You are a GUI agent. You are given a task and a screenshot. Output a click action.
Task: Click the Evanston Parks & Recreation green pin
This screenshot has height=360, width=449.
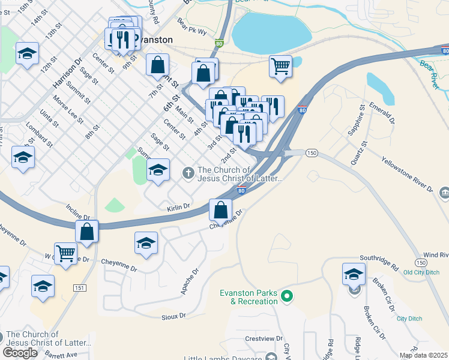tap(287, 296)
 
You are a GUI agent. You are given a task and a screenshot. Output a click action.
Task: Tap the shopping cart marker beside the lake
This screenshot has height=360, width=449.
tap(280, 67)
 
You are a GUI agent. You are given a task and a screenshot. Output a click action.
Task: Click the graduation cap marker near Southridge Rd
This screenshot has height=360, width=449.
tap(354, 274)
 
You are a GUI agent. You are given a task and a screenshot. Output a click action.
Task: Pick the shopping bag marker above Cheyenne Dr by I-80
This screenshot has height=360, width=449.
tap(220, 209)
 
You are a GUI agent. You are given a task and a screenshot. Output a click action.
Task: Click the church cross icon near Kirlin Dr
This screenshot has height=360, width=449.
tap(188, 173)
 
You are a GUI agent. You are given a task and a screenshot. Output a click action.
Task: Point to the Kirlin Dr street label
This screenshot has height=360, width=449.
tap(178, 206)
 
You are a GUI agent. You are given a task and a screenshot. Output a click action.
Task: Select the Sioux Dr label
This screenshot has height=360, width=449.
tap(173, 315)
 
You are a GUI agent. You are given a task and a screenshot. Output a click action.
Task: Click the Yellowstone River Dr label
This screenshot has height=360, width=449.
tap(407, 175)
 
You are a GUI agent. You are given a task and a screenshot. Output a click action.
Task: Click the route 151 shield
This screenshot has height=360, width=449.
tap(79, 288)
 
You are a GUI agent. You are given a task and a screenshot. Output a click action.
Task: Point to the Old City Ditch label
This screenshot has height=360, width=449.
tap(423, 272)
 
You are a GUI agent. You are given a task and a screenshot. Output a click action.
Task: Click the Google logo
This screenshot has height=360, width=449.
tap(20, 353)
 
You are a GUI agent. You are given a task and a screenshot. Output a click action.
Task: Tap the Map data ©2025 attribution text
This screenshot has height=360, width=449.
tap(423, 355)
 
